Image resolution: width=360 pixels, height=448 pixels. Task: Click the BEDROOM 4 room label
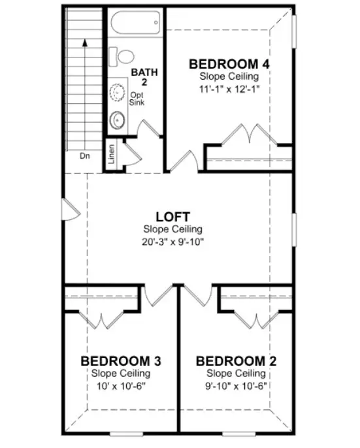pyautogui.click(x=229, y=64)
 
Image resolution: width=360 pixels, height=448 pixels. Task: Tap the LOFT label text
pyautogui.click(x=172, y=216)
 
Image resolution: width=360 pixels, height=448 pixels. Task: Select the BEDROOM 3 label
pyautogui.click(x=121, y=360)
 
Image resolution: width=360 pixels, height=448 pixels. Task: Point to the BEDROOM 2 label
pyautogui.click(x=236, y=360)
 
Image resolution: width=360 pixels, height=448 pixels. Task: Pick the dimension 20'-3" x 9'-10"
pyautogui.click(x=172, y=241)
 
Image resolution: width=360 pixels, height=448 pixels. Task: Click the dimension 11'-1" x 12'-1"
pyautogui.click(x=229, y=89)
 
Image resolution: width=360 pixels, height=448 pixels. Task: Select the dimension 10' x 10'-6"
pyautogui.click(x=121, y=385)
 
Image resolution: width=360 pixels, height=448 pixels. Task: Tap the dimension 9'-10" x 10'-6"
pyautogui.click(x=236, y=385)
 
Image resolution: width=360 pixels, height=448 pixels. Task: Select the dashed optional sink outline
pyautogui.click(x=118, y=93)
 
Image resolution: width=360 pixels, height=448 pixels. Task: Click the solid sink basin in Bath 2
pyautogui.click(x=118, y=120)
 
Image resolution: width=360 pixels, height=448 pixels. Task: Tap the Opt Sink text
pyautogui.click(x=137, y=99)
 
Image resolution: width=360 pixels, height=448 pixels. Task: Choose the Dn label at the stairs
pyautogui.click(x=85, y=156)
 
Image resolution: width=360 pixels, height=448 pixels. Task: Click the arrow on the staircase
pyautogui.click(x=84, y=42)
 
